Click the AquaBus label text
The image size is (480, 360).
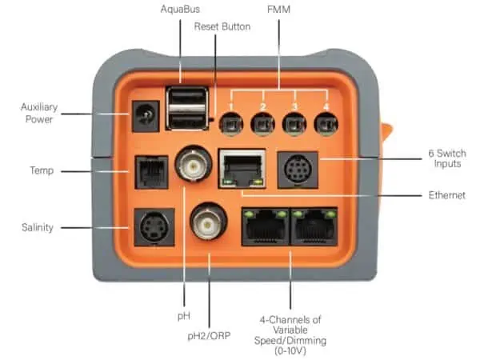(181, 10)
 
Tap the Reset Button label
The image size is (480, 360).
(223, 26)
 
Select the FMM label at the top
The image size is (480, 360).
(279, 10)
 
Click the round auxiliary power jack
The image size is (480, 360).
(143, 119)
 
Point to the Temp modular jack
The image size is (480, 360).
(149, 171)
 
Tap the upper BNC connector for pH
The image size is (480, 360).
(194, 164)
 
